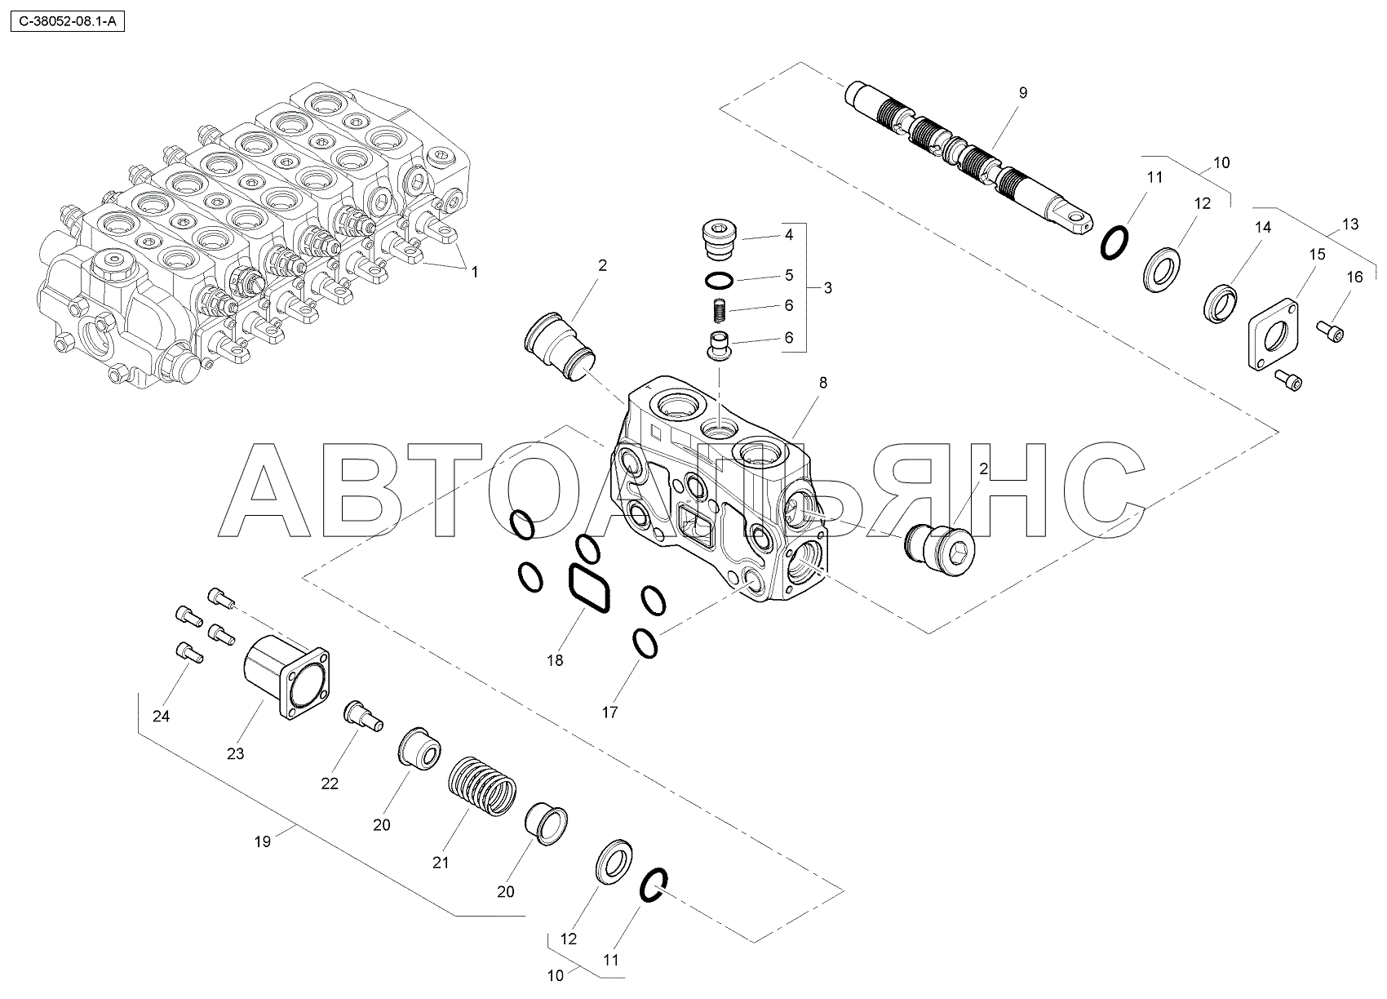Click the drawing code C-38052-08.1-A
click(68, 23)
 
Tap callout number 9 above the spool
click(1022, 93)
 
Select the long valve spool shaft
click(968, 158)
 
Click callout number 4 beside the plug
click(788, 235)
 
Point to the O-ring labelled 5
click(719, 280)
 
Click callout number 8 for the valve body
click(823, 383)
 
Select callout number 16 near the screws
click(1355, 277)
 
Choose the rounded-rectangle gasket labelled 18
click(589, 589)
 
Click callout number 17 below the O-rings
click(610, 713)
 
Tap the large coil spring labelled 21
click(482, 787)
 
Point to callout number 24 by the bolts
click(161, 716)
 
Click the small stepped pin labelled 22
click(364, 717)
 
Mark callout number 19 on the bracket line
click(263, 841)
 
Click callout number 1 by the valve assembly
click(475, 272)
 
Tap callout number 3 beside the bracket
click(828, 288)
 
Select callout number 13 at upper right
click(1349, 224)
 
